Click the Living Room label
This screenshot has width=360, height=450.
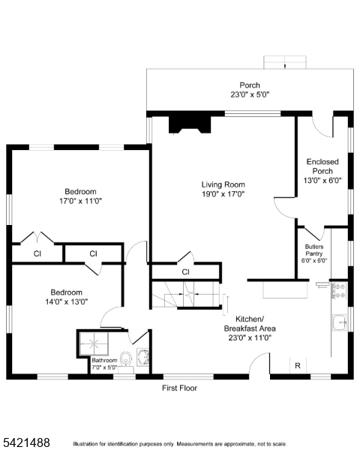click(x=223, y=184)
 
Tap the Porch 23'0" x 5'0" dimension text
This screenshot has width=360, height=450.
click(x=250, y=94)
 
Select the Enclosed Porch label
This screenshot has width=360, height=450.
click(x=322, y=166)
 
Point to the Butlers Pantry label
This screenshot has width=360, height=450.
click(x=314, y=250)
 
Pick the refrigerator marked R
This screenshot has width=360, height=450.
click(x=298, y=365)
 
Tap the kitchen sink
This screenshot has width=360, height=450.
click(x=340, y=322)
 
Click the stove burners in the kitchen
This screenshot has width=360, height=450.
click(x=340, y=290)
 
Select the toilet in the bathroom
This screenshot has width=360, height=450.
click(x=125, y=359)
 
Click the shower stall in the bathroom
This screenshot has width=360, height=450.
click(x=94, y=343)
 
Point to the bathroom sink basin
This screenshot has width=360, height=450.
click(x=142, y=357)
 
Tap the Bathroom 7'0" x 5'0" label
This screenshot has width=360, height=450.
click(x=104, y=364)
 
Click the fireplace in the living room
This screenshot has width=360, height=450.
click(x=190, y=124)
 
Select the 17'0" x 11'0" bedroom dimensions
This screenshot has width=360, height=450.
click(x=81, y=201)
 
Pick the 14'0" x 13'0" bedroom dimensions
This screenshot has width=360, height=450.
click(x=66, y=301)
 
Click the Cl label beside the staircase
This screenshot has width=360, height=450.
click(x=185, y=271)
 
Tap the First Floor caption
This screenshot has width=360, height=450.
click(x=180, y=388)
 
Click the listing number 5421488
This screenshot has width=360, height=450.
click(x=26, y=442)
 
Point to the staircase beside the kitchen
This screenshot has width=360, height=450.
click(x=187, y=295)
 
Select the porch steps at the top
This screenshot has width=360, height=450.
click(x=285, y=62)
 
